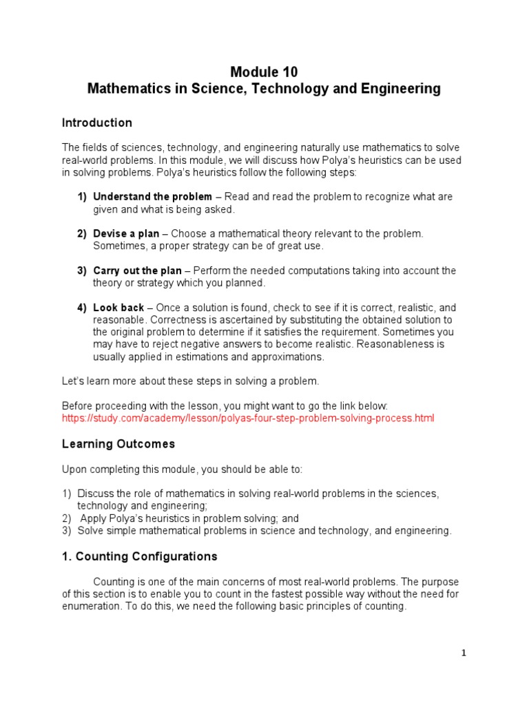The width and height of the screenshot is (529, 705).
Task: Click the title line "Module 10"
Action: coord(264,72)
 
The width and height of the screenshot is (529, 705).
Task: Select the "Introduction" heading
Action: coord(97,123)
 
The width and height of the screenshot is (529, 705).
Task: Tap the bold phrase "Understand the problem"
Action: coord(152,197)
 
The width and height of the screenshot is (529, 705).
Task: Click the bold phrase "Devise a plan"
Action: coord(126,234)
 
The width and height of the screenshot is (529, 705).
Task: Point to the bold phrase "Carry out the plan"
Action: coord(138,271)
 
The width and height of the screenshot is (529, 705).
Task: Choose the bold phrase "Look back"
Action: coord(118,308)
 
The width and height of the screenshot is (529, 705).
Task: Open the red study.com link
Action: coord(248,418)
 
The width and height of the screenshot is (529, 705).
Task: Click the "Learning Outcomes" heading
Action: coord(118,444)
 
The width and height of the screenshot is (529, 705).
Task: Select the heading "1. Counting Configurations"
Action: coord(140,556)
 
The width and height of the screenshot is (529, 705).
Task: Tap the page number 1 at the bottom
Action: coord(464,654)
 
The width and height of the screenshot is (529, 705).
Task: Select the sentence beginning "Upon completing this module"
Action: coord(182,470)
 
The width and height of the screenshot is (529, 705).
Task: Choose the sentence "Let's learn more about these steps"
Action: coord(191,381)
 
